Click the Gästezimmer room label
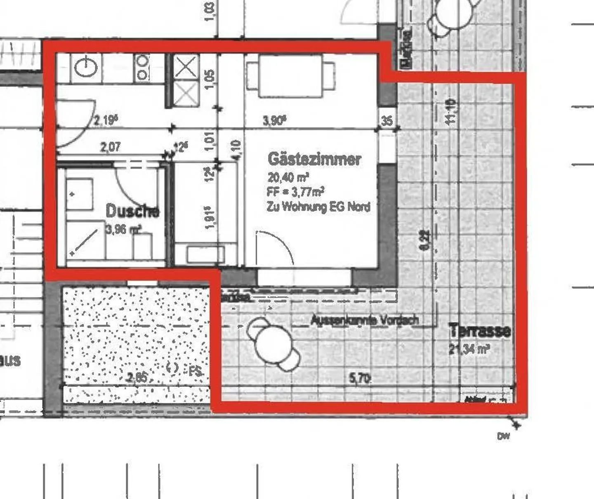(314, 159)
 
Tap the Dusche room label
(132, 211)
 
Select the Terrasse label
(480, 330)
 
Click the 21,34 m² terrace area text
(469, 349)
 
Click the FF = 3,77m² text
(295, 191)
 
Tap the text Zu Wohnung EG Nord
(318, 206)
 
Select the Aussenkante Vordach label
(365, 320)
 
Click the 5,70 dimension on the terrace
(359, 377)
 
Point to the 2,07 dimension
(111, 146)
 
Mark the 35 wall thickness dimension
(387, 121)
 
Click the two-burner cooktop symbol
(142, 68)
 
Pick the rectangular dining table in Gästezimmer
(290, 76)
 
